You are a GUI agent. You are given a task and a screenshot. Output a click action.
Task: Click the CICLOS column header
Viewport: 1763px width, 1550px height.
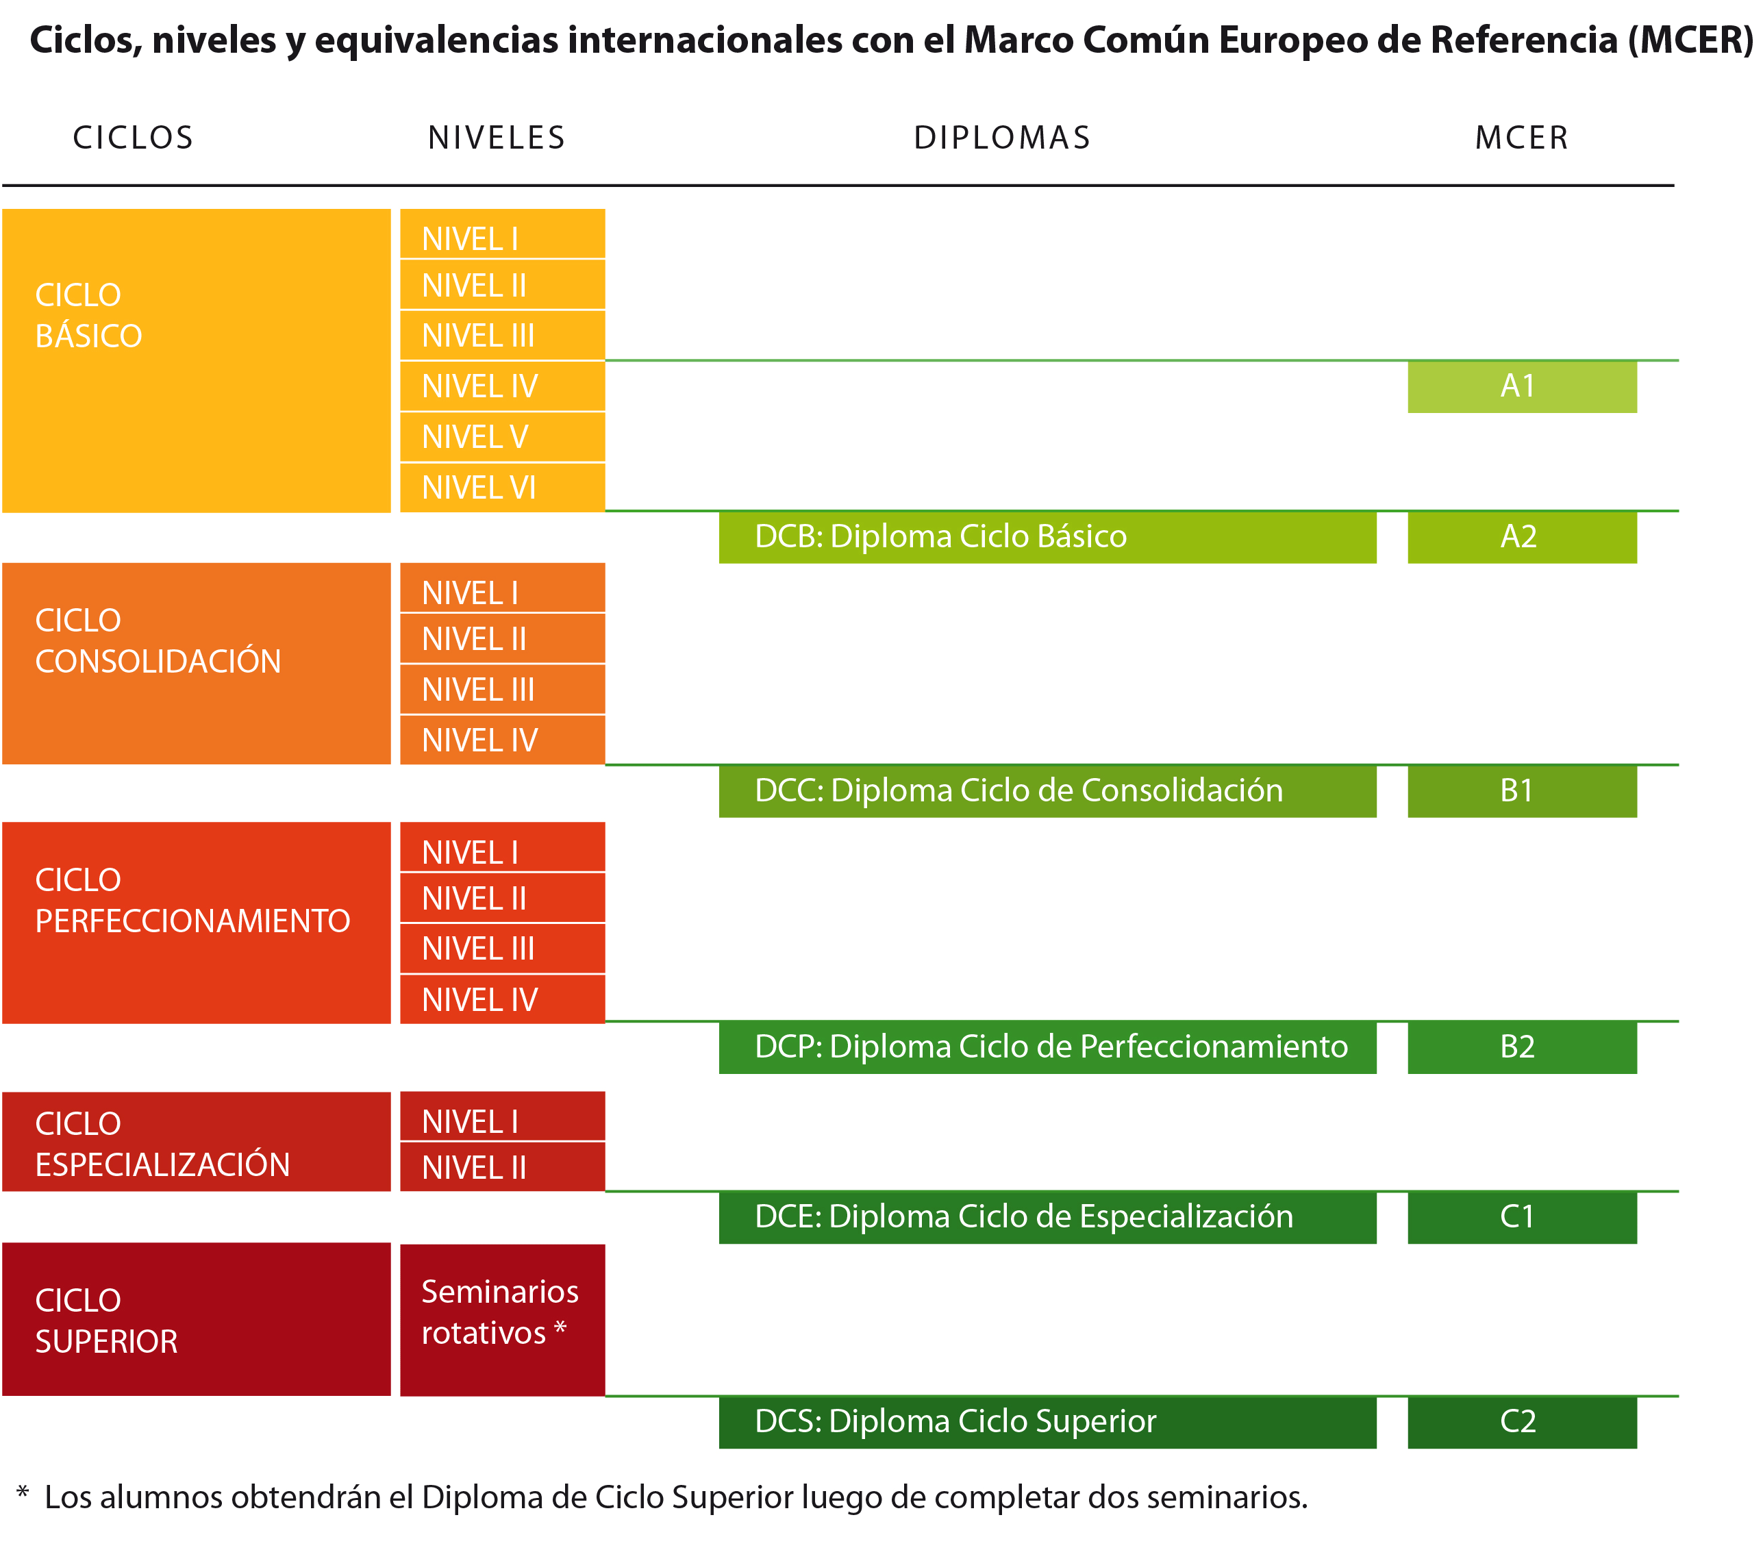[x=134, y=138]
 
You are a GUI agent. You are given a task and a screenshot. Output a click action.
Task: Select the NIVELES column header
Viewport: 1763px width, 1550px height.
[x=497, y=138]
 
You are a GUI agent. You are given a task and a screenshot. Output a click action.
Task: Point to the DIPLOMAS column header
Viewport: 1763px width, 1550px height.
[x=1002, y=138]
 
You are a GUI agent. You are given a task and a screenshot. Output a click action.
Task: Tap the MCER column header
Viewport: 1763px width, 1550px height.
[x=1521, y=138]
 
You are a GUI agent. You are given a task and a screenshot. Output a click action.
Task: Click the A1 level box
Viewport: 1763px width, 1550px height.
[x=1521, y=386]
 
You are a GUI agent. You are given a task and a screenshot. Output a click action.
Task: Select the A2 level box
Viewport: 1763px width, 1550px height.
[x=1521, y=536]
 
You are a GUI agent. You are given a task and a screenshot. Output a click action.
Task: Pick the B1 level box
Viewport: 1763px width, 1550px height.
[x=1521, y=791]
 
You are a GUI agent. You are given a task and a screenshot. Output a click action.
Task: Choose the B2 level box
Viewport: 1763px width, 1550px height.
[x=1521, y=1047]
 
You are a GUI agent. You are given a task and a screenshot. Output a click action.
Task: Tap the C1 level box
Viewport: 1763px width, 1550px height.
[x=1521, y=1217]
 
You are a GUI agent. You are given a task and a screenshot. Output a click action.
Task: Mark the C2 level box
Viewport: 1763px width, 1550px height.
[x=1521, y=1421]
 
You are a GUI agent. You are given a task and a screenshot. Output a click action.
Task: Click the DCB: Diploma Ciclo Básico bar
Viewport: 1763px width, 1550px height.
[x=1047, y=536]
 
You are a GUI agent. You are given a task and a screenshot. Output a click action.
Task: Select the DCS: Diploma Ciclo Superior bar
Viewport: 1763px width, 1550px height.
[x=1047, y=1421]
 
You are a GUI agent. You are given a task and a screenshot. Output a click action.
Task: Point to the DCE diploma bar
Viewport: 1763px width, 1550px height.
[x=1047, y=1217]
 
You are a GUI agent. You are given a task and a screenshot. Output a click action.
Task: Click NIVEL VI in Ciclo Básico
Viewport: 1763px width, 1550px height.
[x=502, y=488]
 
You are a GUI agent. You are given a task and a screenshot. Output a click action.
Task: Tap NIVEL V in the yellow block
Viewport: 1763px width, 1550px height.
[x=502, y=437]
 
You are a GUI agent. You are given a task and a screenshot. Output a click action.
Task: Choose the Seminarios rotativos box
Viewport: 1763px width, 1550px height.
[x=502, y=1319]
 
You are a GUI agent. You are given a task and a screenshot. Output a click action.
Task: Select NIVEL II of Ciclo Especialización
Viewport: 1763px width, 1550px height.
[x=502, y=1168]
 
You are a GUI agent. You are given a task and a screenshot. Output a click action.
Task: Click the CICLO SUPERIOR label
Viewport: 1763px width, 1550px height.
[x=107, y=1321]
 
